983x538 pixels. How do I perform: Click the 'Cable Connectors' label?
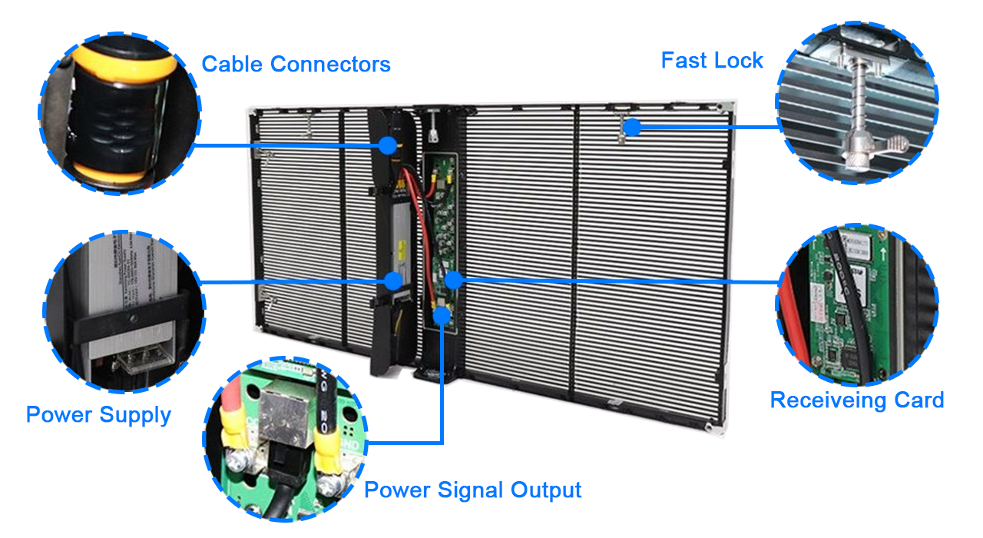296,64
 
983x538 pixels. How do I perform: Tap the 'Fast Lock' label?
712,61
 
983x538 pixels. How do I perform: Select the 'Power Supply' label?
98,415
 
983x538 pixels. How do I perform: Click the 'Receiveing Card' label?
856,400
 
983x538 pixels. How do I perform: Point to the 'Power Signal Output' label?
472,490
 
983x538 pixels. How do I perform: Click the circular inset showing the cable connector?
119,114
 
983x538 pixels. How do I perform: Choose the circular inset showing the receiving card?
858,306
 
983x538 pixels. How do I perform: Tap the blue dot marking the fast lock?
631,128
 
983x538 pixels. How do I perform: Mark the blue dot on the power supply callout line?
393,281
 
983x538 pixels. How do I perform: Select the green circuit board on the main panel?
440,238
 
